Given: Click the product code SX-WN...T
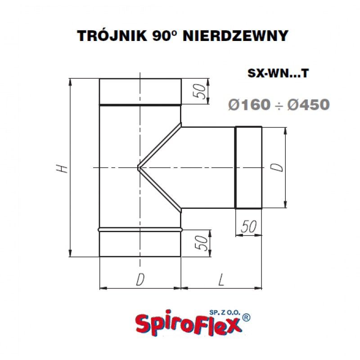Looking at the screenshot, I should click(x=278, y=73).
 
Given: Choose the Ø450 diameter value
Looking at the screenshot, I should click(x=308, y=105).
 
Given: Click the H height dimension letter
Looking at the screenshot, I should click(x=63, y=168).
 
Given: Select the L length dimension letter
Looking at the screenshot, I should click(x=221, y=280).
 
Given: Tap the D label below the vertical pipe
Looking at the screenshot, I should click(x=140, y=280).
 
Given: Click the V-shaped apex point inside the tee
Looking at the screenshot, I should click(x=139, y=168).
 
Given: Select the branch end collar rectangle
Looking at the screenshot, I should click(x=248, y=168).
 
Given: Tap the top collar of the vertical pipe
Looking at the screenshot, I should click(x=140, y=91).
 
